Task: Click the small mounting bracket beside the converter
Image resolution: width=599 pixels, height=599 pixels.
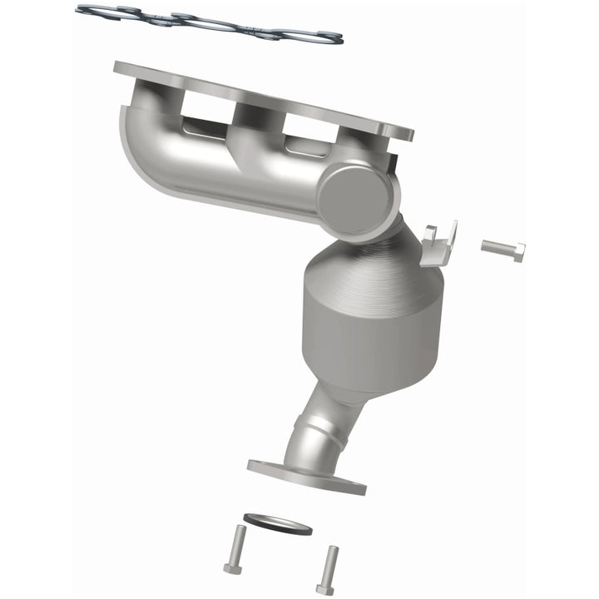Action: pyautogui.click(x=438, y=243)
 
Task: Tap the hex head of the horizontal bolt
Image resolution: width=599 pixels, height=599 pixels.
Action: pyautogui.click(x=517, y=252)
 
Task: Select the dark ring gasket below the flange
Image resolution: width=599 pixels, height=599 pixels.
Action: pyautogui.click(x=277, y=525)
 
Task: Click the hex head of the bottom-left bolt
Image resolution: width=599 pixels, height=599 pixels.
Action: pyautogui.click(x=231, y=570)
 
